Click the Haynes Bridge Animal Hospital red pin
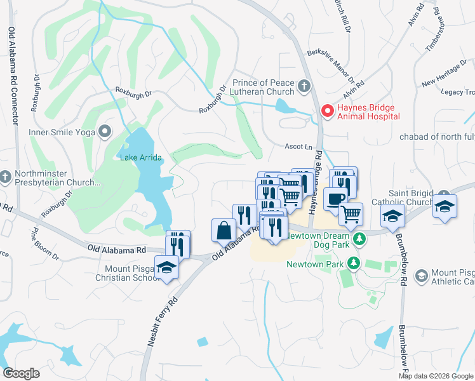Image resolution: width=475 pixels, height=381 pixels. pos(328,112)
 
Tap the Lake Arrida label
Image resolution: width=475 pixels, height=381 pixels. pos(140,157)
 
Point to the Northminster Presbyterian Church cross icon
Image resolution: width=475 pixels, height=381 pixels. pos(5,177)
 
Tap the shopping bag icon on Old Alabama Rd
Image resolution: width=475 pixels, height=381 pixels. pos(224,230)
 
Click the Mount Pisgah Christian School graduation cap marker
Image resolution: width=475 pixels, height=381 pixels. pos(166,267)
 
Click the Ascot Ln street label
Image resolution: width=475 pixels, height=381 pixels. pos(297,145)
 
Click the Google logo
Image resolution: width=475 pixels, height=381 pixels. pos(21,373)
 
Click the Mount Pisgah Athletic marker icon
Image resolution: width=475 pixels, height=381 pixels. pos(421,276)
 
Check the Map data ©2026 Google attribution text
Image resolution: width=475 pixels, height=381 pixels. pos(436,376)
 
